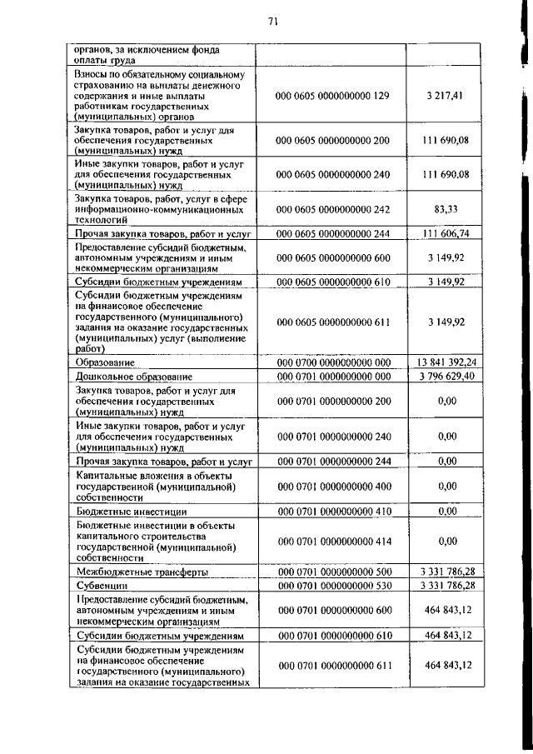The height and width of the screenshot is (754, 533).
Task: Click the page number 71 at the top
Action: tap(272, 22)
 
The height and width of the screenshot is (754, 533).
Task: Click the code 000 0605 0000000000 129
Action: tap(332, 96)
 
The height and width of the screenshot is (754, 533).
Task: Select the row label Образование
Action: tap(106, 363)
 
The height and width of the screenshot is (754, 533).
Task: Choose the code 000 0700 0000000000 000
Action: tap(332, 362)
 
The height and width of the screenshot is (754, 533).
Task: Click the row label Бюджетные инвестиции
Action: tap(131, 512)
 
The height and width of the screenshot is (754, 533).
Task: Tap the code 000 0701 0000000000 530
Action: tap(332, 586)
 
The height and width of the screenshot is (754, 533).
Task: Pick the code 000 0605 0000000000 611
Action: tap(332, 321)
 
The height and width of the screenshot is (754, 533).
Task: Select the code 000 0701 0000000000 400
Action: tap(332, 486)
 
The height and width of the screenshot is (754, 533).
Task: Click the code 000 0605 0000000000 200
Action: tap(332, 140)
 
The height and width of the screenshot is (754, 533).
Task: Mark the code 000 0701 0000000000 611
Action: tap(332, 664)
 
